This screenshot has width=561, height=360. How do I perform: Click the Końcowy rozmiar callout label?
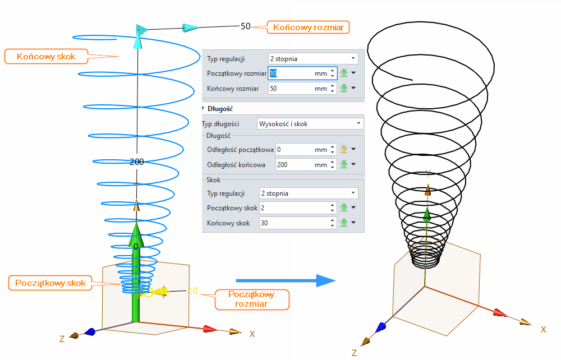coord(309,27)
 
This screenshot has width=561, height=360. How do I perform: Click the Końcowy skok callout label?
coord(46,56)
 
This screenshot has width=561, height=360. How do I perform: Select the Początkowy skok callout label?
coord(51,283)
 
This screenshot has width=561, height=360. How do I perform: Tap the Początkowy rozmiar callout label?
coord(252,299)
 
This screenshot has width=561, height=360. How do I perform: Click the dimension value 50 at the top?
coord(246,26)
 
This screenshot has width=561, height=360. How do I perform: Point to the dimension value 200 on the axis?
coord(137,161)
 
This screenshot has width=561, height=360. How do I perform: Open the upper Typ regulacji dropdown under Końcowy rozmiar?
coord(312,58)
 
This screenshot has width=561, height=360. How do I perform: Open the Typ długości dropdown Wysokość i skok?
coord(310,123)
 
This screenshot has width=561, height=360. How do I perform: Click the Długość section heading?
coord(220,109)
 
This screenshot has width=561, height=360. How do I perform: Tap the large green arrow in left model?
coord(136,269)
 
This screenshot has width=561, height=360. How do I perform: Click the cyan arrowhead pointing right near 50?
coord(190,27)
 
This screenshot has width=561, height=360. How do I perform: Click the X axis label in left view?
coord(252,334)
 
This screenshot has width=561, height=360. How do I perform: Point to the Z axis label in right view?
coord(354,353)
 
